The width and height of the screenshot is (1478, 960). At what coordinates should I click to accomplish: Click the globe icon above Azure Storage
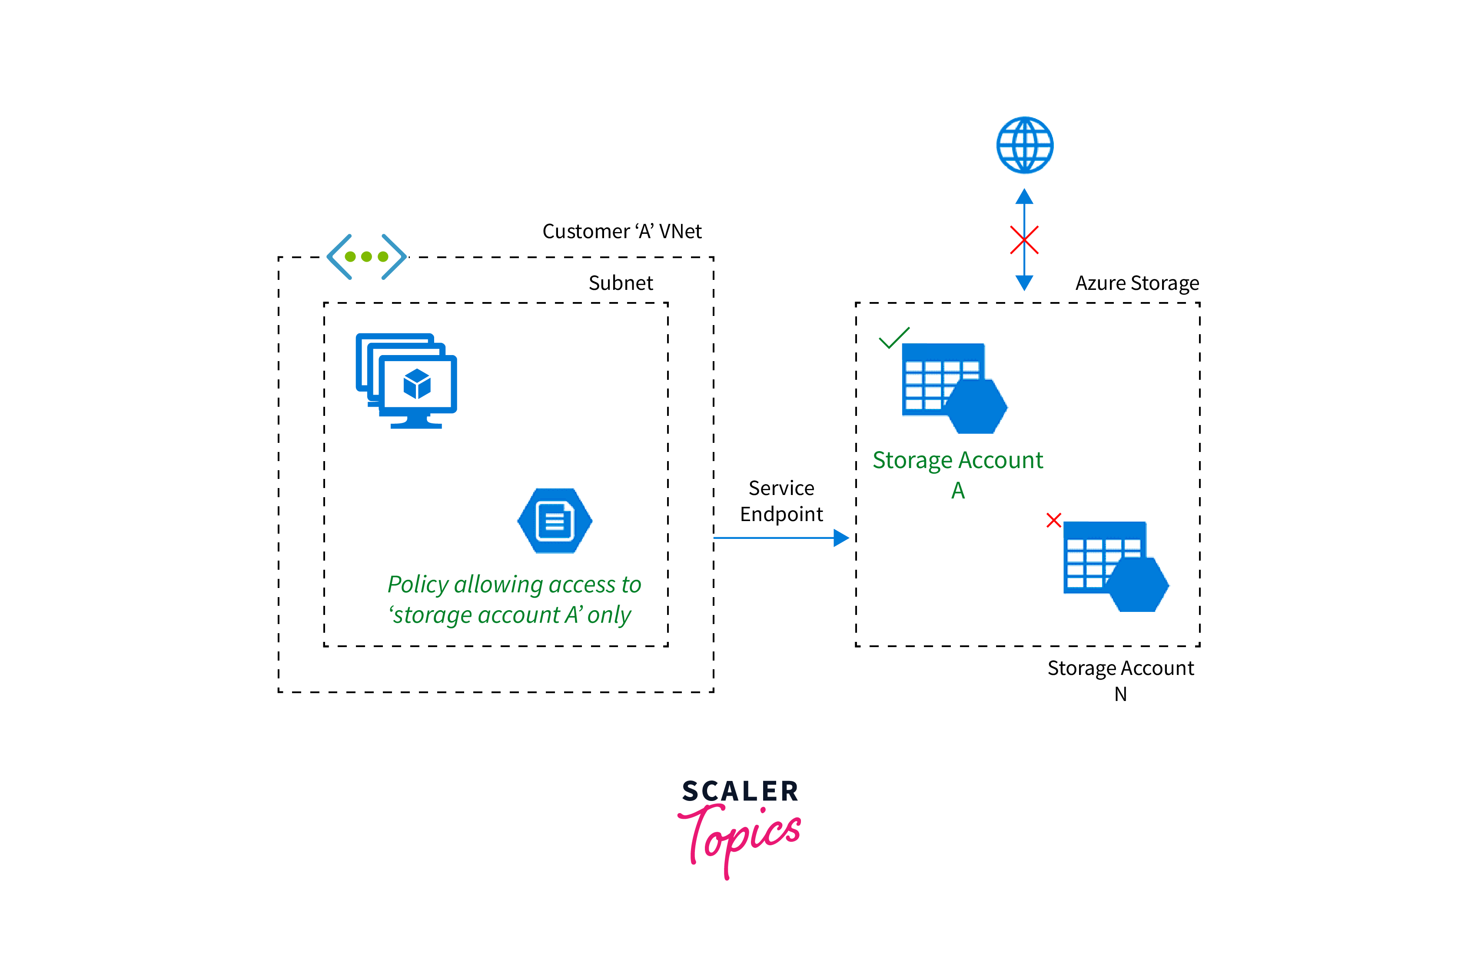pyautogui.click(x=1025, y=145)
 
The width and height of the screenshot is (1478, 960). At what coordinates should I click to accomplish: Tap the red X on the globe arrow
pyautogui.click(x=1024, y=240)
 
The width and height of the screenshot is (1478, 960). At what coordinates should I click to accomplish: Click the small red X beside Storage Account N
pyautogui.click(x=1054, y=520)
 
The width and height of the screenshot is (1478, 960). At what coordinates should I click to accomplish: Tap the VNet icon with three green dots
pyautogui.click(x=366, y=256)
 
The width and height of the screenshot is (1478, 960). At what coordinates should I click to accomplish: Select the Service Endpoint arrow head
pyautogui.click(x=841, y=538)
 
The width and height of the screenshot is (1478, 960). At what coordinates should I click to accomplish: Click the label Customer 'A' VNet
pyautogui.click(x=621, y=232)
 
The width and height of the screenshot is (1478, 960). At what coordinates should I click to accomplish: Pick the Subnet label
pyautogui.click(x=621, y=283)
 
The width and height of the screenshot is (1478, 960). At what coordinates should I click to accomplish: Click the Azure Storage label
pyautogui.click(x=1137, y=283)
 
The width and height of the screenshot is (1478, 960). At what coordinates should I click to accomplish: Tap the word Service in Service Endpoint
pyautogui.click(x=781, y=488)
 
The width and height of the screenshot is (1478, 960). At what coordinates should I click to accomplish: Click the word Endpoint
pyautogui.click(x=781, y=514)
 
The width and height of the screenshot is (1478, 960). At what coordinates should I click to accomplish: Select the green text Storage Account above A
pyautogui.click(x=958, y=460)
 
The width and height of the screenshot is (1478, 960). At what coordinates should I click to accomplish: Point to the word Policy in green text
pyautogui.click(x=418, y=585)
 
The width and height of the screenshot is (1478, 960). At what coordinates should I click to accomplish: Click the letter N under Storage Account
pyautogui.click(x=1120, y=694)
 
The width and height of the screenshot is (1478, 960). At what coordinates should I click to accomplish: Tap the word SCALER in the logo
pyautogui.click(x=740, y=791)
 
